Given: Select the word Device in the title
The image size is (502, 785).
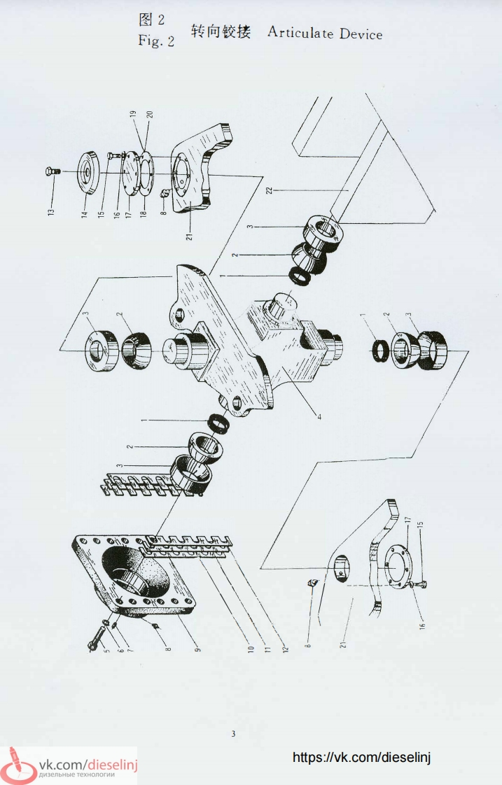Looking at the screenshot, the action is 361,34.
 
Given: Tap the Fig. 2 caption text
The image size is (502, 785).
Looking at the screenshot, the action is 156,41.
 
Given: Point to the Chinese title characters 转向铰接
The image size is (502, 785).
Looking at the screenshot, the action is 221,31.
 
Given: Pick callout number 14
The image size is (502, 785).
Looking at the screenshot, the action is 85,213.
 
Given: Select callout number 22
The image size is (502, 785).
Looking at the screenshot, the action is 269,190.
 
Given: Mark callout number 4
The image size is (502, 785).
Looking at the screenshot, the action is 319,416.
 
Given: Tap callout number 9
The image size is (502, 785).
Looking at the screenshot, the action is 198,649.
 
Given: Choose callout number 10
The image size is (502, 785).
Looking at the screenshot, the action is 251,649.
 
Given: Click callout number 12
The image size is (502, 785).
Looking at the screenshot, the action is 285,649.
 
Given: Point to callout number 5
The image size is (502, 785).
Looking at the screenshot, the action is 106,651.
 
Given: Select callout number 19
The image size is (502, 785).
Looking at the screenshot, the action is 133,115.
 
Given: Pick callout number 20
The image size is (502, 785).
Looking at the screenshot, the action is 149,115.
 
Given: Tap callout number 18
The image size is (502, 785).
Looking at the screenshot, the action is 144,213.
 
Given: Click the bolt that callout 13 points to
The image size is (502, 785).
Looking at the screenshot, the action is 52,171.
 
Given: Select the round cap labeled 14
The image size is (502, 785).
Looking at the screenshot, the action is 91,171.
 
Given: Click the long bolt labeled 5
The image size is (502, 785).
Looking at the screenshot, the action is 95,638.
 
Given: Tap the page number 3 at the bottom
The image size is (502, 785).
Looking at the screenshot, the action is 233,734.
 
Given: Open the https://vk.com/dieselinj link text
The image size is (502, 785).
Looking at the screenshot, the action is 361,757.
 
